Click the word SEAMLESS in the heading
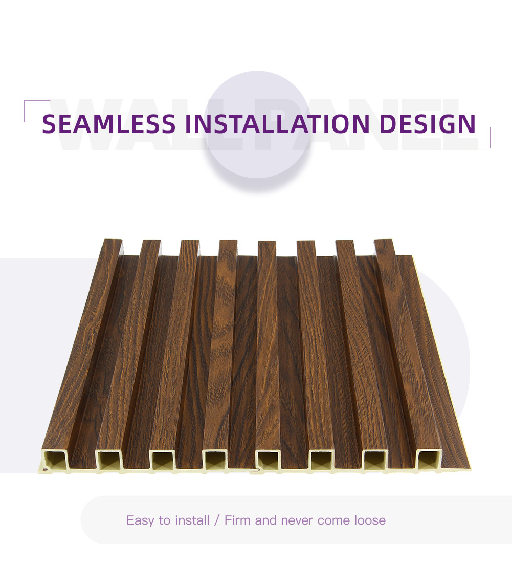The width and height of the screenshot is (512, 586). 108,124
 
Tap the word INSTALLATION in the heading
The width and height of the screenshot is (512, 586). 277,124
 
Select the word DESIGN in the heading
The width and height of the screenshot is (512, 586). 428,124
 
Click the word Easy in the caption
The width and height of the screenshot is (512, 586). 141,520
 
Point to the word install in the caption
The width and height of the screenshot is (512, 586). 192,520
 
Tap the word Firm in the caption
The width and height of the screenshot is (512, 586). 237,520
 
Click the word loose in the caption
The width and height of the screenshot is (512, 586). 370,520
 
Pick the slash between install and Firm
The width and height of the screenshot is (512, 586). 217,520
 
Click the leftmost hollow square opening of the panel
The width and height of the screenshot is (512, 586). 55,460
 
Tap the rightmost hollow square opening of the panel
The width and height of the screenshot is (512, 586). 428,460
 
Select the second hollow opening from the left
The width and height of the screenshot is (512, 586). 109,460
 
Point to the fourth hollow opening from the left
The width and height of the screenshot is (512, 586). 215,460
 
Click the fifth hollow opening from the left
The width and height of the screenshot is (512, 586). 268,460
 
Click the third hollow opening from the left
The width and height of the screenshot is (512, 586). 163,460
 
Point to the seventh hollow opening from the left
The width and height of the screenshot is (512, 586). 375,460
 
